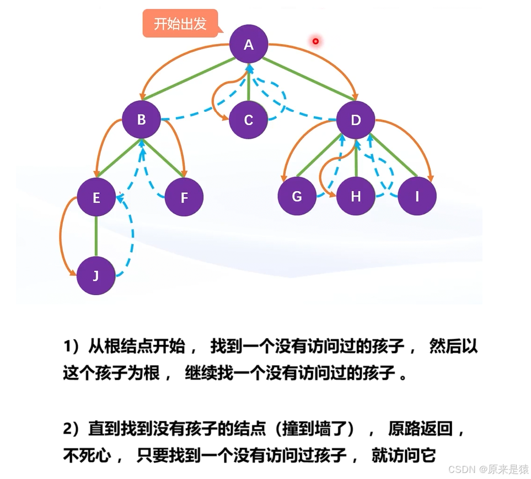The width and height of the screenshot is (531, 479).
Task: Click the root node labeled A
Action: (249, 45)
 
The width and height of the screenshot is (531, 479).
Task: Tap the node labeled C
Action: (248, 120)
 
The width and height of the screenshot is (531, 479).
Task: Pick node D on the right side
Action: (356, 119)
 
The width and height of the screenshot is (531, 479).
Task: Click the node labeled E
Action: (96, 197)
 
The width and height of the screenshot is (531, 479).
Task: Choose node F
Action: (184, 197)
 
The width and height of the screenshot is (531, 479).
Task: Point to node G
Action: (297, 196)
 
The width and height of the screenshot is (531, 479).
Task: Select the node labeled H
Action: (356, 196)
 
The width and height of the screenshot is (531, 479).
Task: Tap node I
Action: (417, 196)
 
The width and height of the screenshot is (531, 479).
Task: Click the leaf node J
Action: (96, 275)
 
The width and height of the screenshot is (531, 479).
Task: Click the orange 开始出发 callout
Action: (180, 24)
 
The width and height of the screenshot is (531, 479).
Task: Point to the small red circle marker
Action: (315, 41)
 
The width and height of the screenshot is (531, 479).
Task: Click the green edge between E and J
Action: (96, 236)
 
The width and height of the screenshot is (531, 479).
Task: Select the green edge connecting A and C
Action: (249, 83)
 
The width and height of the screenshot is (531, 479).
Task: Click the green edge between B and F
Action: (164, 159)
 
